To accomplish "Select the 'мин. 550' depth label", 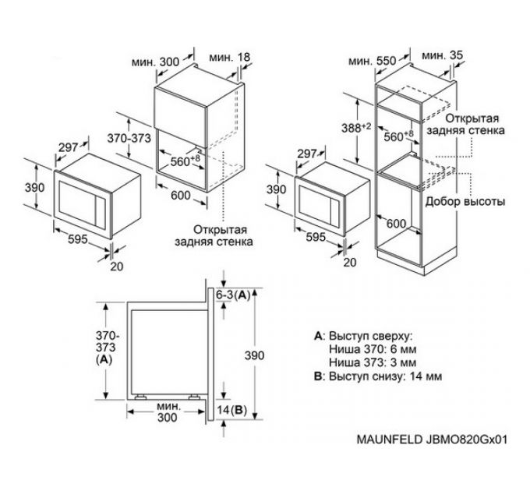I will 370,59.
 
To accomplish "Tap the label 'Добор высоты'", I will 465,201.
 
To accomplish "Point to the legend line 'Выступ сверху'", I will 366,336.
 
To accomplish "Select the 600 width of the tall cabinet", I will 397,224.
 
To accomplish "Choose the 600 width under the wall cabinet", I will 181,196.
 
